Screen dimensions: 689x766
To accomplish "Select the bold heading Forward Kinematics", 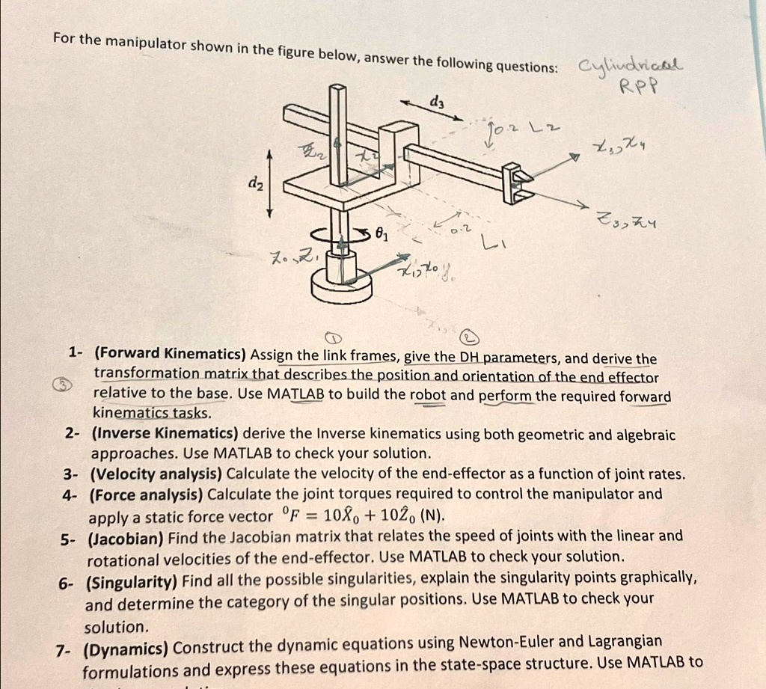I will tap(171, 353).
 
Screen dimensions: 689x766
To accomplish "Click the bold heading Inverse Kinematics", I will tap(164, 434).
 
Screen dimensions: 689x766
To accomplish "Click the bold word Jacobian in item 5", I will tap(126, 536).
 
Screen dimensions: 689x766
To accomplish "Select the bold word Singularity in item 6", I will tap(131, 578).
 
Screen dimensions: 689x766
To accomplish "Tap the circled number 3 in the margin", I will tap(59, 385).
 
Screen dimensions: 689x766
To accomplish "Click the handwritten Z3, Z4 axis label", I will tap(626, 218).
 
